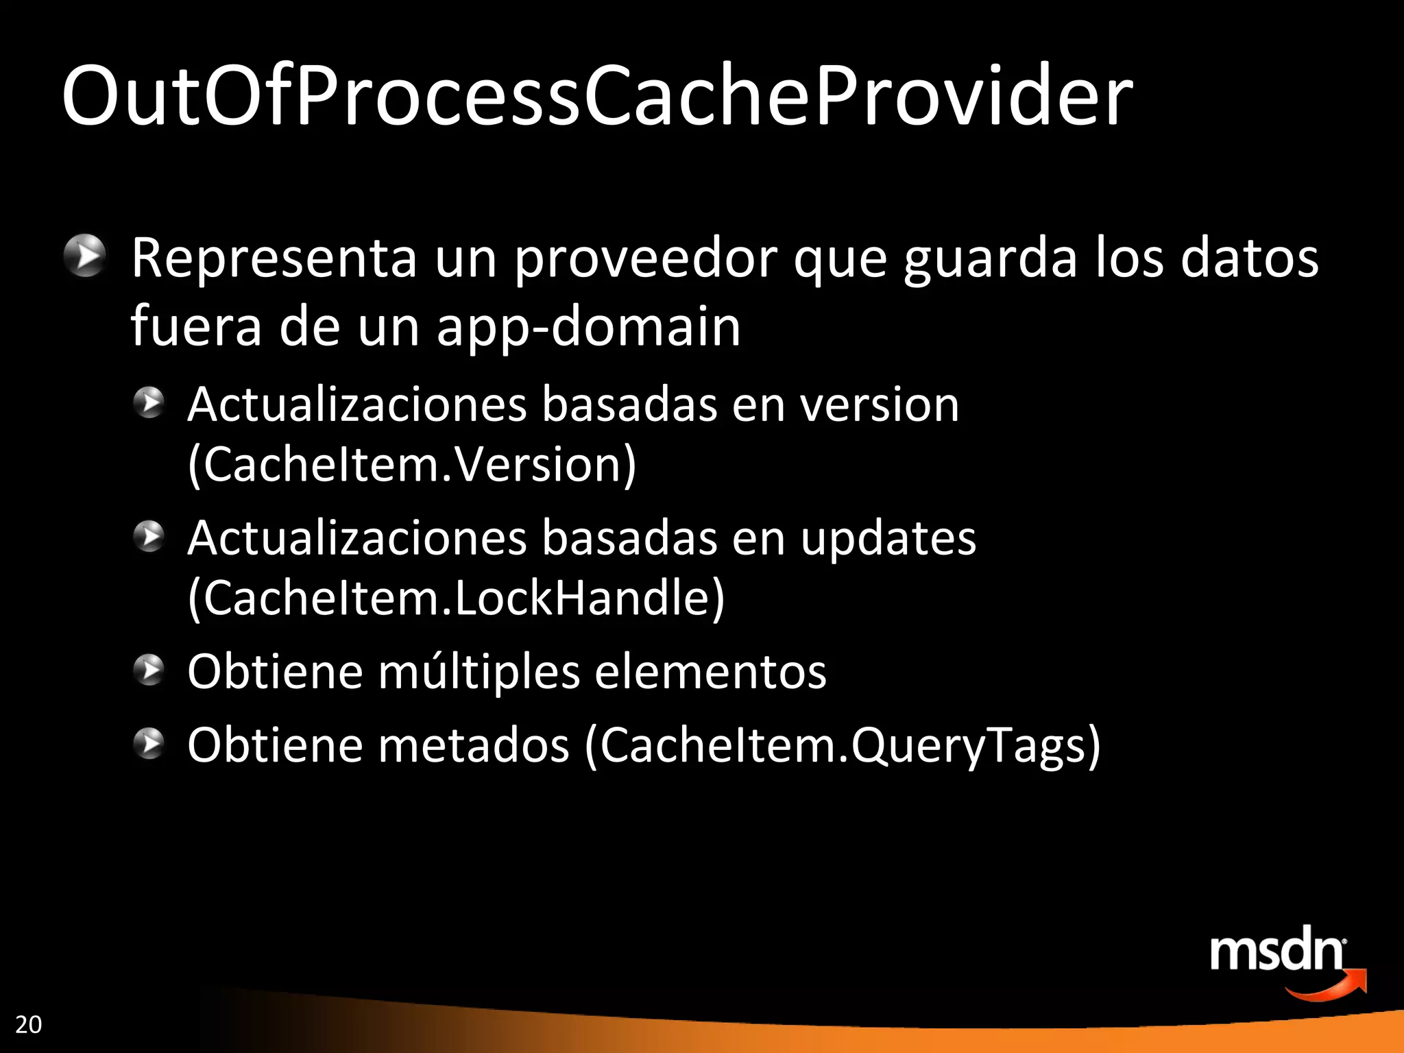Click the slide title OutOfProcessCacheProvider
pyautogui.click(x=596, y=96)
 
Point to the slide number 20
pyautogui.click(x=28, y=1024)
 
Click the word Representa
pyautogui.click(x=274, y=258)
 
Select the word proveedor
pyautogui.click(x=646, y=259)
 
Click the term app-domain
pyautogui.click(x=588, y=328)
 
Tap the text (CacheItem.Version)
pyautogui.click(x=412, y=465)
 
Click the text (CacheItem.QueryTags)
pyautogui.click(x=843, y=745)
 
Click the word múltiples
pyautogui.click(x=479, y=672)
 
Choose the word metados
pyautogui.click(x=474, y=745)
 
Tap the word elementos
pyautogui.click(x=710, y=672)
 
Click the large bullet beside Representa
pyautogui.click(x=85, y=256)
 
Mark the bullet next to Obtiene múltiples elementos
pyautogui.click(x=149, y=670)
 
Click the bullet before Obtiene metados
pyautogui.click(x=149, y=744)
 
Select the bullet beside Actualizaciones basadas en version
pyautogui.click(x=149, y=402)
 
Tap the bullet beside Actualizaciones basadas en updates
pyautogui.click(x=149, y=536)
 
